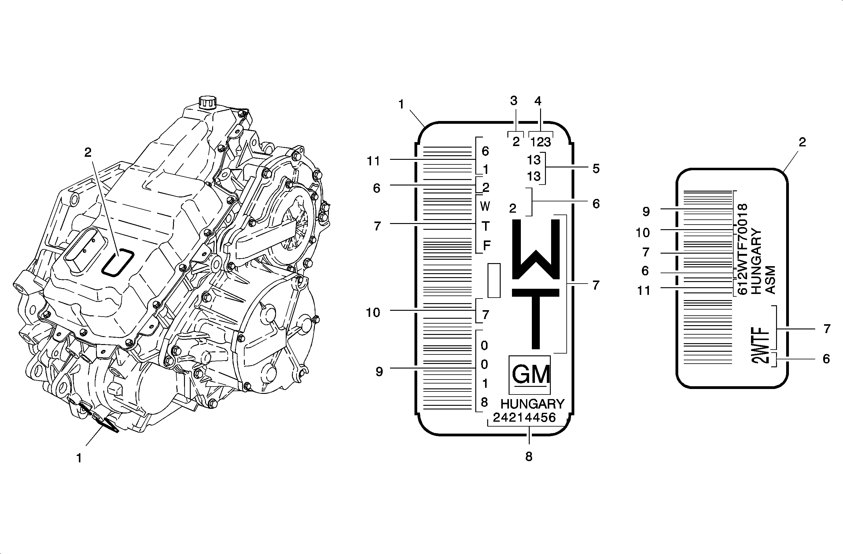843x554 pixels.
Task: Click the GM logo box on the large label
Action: [529, 375]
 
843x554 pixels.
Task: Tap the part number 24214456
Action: [524, 418]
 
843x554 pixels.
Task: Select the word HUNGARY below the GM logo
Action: [532, 404]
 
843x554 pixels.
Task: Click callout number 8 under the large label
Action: [528, 457]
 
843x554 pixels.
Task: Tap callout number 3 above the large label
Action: [514, 101]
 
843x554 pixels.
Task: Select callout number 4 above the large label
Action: [538, 101]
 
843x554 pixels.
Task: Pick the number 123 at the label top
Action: [540, 142]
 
